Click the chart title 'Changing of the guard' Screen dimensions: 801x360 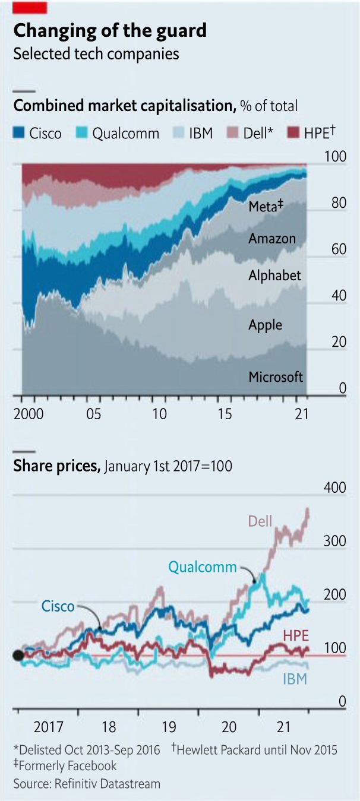pyautogui.click(x=110, y=30)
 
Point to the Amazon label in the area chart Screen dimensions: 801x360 pyautogui.click(x=271, y=239)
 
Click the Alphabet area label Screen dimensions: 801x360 pyautogui.click(x=274, y=276)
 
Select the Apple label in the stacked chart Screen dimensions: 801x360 pyautogui.click(x=265, y=325)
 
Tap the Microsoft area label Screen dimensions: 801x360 pyautogui.click(x=276, y=377)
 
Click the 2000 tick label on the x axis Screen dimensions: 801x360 pyautogui.click(x=28, y=414)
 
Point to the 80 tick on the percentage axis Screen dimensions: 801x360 pyautogui.click(x=337, y=202)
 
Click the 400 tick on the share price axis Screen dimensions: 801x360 pyautogui.click(x=334, y=488)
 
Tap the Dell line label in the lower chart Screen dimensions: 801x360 pyautogui.click(x=260, y=522)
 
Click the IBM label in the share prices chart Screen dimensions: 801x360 pyautogui.click(x=294, y=679)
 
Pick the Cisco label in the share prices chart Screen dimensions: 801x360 pyautogui.click(x=58, y=606)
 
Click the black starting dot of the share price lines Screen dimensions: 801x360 pyautogui.click(x=18, y=656)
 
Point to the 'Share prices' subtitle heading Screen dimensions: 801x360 pyautogui.click(x=56, y=466)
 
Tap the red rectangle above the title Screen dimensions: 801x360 pyautogui.click(x=30, y=7)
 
